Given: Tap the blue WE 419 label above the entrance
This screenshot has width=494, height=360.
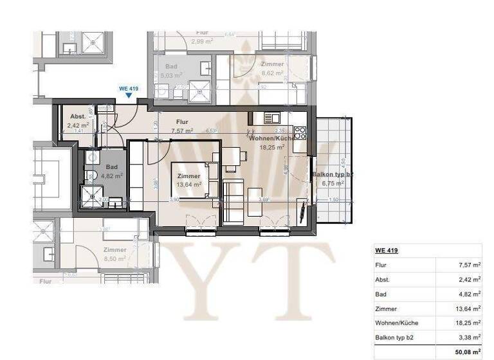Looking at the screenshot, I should click(x=129, y=88).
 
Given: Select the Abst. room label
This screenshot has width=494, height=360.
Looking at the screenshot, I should click(x=77, y=116).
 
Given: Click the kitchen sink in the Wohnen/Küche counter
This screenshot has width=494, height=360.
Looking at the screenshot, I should click(x=271, y=118).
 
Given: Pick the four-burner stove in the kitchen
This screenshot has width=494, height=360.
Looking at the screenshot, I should click(x=300, y=132).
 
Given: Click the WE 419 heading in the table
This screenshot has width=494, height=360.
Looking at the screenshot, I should click(x=386, y=250).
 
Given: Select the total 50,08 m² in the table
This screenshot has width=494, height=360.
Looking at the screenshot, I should click(x=467, y=352).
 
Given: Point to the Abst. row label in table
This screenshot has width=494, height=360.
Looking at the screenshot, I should click(x=382, y=280).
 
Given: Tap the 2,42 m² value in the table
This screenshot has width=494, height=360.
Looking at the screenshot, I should click(x=469, y=280).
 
